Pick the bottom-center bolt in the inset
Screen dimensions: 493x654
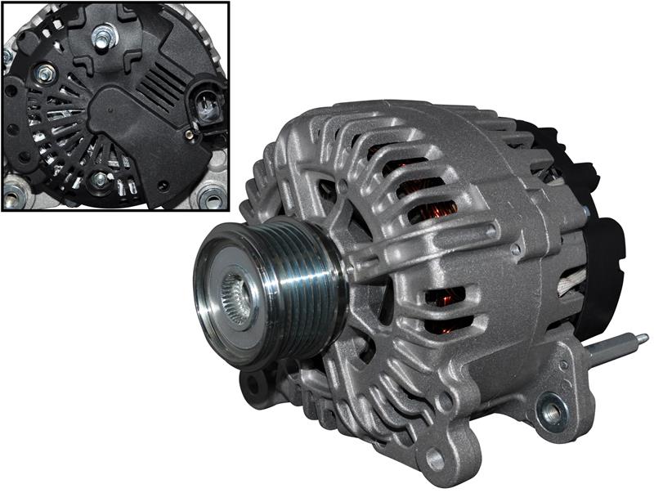click(101, 178)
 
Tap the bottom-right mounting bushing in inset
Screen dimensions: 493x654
click(210, 196)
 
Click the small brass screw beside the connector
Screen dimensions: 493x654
click(189, 132)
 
